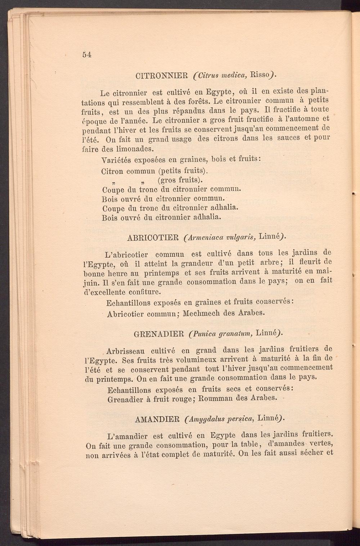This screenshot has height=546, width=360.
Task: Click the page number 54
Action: [x=87, y=55]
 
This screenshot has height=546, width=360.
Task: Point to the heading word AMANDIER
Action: [x=157, y=419]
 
